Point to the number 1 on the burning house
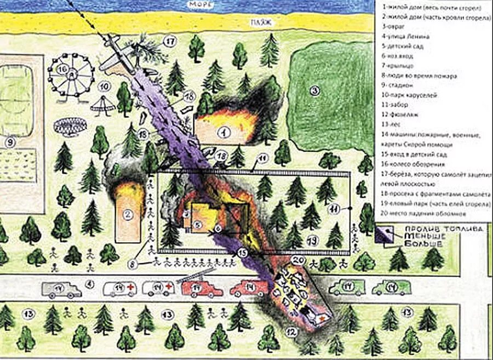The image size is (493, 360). (223, 132)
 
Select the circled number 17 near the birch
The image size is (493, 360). (170, 41)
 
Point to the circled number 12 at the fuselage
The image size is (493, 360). (292, 331)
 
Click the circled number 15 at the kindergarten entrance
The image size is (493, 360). (243, 253)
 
